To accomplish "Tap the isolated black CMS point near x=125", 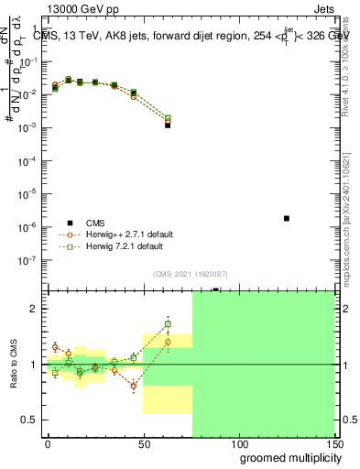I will [x=287, y=218].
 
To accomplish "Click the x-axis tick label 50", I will [x=144, y=443].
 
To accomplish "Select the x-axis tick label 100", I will [x=239, y=443].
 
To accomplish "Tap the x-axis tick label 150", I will [x=333, y=443].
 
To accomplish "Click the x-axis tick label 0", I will [x=48, y=443].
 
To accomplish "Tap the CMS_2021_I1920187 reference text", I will [x=190, y=274].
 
